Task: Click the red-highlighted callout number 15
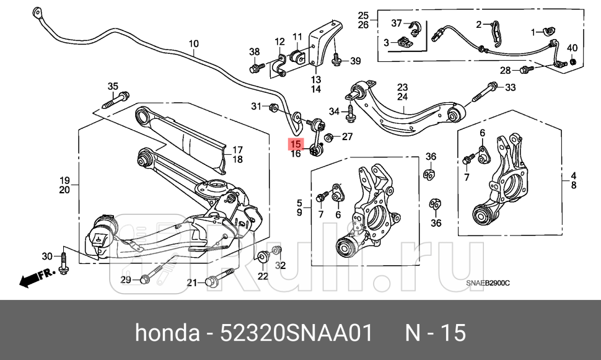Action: tap(296, 144)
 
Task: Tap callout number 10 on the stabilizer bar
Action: tap(194, 43)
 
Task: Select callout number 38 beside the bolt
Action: tap(254, 51)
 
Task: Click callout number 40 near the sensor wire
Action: tap(572, 48)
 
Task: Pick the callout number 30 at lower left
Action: tap(47, 257)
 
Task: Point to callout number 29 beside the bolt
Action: tap(126, 281)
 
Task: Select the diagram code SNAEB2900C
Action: tap(488, 283)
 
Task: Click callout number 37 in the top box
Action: tap(397, 23)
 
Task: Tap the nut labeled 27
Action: tap(330, 137)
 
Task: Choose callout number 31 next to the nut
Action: tap(257, 107)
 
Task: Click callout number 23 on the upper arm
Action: tap(403, 87)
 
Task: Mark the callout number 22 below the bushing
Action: tap(263, 276)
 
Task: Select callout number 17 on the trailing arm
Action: tap(237, 149)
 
